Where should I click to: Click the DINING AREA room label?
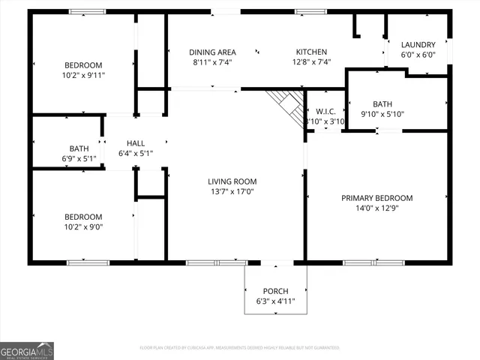click(x=212, y=52)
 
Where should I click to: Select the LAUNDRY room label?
click(x=418, y=45)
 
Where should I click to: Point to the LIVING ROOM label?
click(x=232, y=181)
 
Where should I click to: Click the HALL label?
click(x=136, y=143)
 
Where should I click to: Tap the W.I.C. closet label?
click(x=325, y=112)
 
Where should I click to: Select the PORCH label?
click(x=275, y=291)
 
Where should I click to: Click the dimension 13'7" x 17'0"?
click(x=232, y=191)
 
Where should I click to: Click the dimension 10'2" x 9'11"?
click(x=82, y=75)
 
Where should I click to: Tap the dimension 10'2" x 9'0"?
click(x=82, y=226)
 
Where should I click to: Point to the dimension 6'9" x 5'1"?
click(x=79, y=158)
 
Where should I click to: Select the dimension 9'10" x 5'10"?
click(x=382, y=114)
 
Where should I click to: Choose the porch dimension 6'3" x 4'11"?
click(x=275, y=301)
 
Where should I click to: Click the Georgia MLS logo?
click(x=27, y=350)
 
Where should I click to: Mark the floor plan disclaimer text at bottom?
click(x=240, y=348)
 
